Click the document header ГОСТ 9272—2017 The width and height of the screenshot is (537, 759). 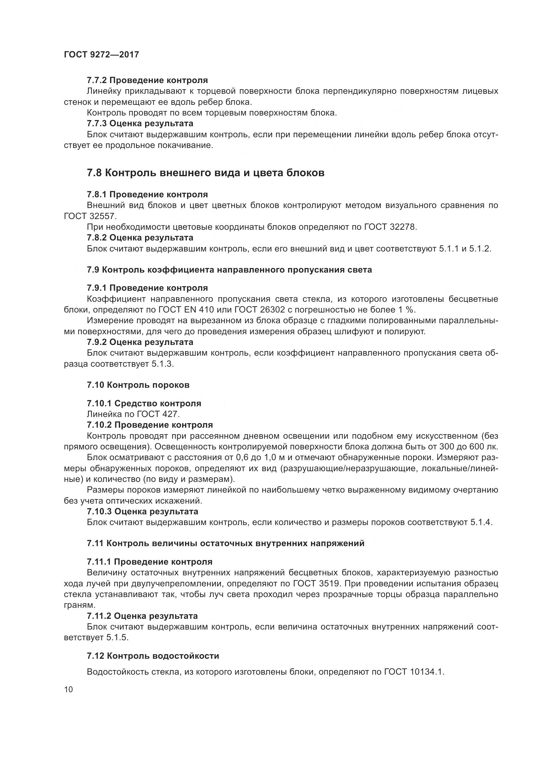[101, 55]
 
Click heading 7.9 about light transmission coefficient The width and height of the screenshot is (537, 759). [229, 270]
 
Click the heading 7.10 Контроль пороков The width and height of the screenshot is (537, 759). [138, 385]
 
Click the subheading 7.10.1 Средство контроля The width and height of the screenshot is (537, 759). [144, 403]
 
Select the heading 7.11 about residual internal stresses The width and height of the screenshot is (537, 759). [226, 543]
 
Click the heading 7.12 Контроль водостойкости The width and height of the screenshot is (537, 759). [153, 656]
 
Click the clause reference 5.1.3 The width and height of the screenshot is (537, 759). [162, 364]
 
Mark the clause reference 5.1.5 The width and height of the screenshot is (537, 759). [117, 638]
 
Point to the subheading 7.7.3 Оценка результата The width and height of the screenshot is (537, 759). [140, 124]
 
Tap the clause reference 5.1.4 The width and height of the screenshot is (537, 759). [481, 522]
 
